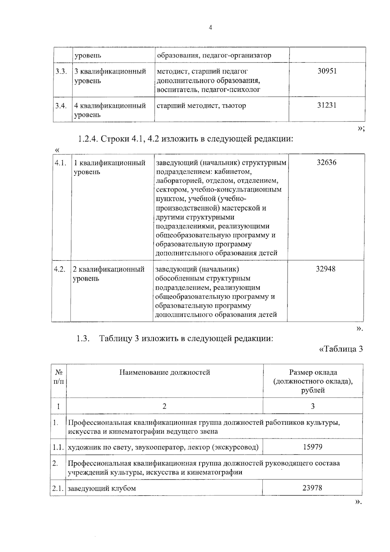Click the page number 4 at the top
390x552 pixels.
[210, 28]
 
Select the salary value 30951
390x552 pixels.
[327, 71]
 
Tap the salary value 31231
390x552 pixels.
[327, 105]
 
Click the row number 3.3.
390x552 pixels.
[61, 71]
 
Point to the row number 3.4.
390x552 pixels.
[61, 106]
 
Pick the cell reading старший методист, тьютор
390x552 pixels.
[201, 106]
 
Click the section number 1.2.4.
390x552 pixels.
[87, 139]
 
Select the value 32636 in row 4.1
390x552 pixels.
[326, 163]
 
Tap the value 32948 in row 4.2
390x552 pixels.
[326, 269]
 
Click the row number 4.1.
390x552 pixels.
[60, 163]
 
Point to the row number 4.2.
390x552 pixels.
[60, 269]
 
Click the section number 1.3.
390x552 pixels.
[83, 339]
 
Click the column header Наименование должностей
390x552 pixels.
[164, 372]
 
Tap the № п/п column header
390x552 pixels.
[58, 376]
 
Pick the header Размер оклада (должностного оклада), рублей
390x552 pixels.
[313, 381]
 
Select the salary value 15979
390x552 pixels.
[312, 447]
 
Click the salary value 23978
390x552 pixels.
[312, 488]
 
